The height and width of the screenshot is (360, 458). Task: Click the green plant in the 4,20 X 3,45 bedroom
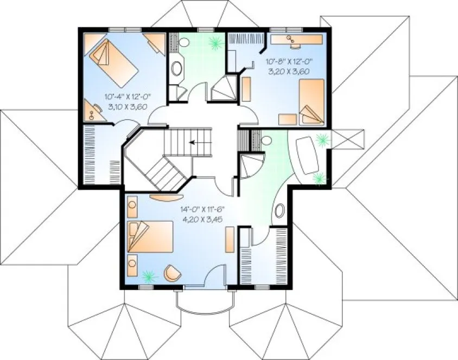pyautogui.click(x=147, y=277)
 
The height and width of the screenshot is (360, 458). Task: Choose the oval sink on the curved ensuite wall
pyautogui.click(x=280, y=210)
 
